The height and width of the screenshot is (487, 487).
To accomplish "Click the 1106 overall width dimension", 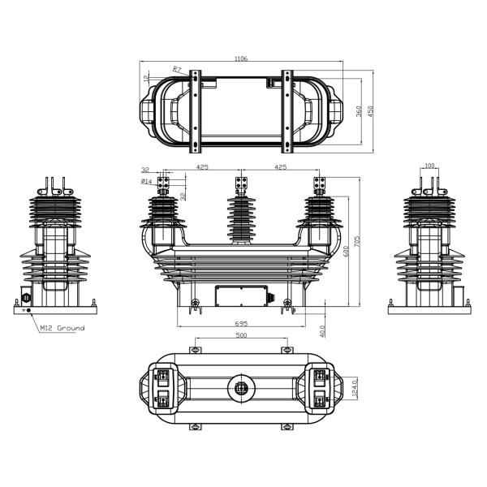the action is click(241, 58).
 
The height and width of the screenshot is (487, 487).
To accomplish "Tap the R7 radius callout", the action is click(177, 69).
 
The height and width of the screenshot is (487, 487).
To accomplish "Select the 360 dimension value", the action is click(359, 111).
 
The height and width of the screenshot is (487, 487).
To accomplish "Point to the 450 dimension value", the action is click(370, 111).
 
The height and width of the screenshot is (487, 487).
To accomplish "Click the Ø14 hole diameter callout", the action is click(146, 181).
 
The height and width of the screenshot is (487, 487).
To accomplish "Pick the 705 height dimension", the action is click(357, 242).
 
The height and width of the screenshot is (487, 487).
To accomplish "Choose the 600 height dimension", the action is click(347, 251).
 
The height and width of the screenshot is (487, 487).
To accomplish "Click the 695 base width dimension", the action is click(241, 323).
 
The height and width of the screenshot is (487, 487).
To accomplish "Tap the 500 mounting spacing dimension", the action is click(241, 335).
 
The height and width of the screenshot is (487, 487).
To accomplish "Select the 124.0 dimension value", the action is click(355, 388).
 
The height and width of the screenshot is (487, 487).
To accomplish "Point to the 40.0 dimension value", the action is click(322, 331).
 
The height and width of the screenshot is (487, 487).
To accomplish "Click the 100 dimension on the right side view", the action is click(429, 166).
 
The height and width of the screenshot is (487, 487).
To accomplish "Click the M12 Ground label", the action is click(62, 328).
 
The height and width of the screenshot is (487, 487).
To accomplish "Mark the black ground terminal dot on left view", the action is click(29, 310).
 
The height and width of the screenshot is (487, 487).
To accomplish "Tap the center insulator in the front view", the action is click(241, 218).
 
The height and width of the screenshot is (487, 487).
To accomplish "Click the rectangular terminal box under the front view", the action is click(241, 295).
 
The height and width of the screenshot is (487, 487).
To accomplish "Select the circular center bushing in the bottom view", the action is click(241, 388).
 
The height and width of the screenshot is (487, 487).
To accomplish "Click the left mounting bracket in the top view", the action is click(195, 111).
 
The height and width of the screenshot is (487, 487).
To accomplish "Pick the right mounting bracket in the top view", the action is click(287, 111).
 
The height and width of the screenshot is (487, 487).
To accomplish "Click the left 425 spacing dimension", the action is click(202, 167).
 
